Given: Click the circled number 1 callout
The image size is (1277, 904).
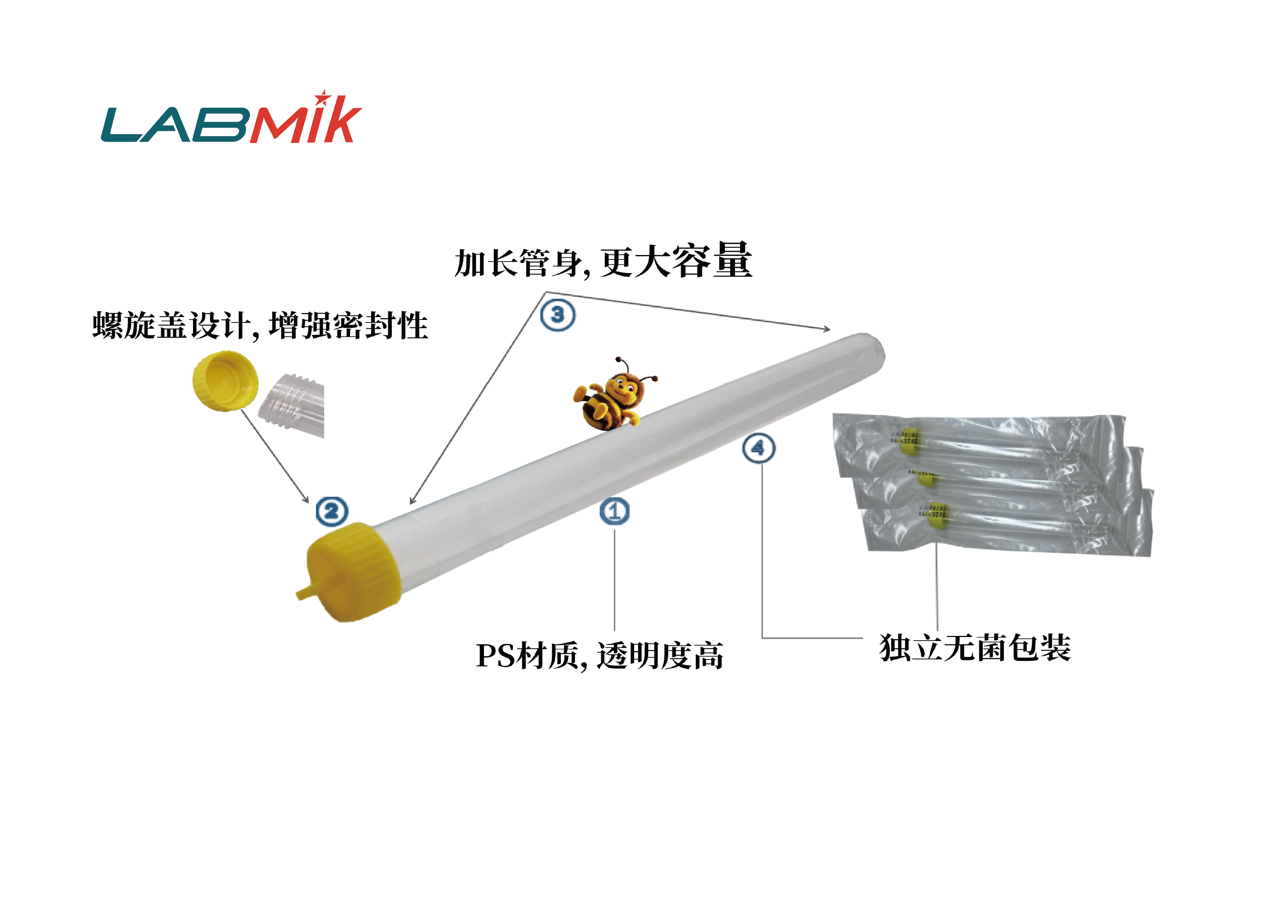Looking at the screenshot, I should click(615, 511).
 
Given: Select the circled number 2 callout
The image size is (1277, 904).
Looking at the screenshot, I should click(332, 511).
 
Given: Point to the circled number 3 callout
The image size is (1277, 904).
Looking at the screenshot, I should click(558, 315).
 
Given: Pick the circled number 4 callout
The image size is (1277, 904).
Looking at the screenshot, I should click(759, 448).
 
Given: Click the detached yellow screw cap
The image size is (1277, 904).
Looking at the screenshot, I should click(225, 381).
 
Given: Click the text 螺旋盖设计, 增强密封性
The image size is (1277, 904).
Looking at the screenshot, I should click(260, 326).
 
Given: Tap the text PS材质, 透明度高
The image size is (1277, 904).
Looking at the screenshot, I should click(600, 656).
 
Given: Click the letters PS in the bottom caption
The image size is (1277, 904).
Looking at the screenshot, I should click(496, 656).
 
